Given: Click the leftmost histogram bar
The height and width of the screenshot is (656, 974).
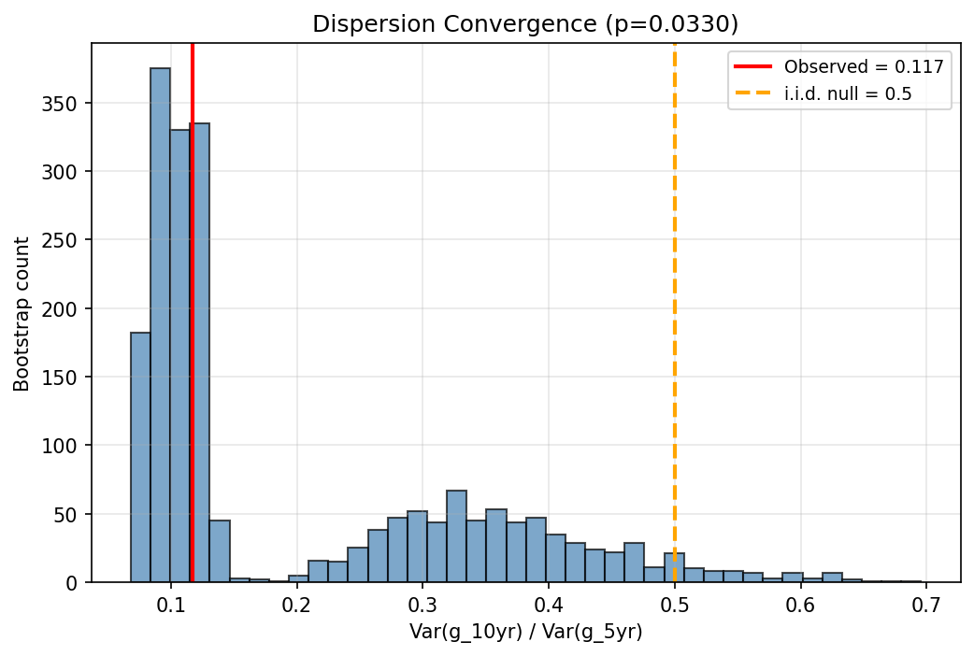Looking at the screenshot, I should pyautogui.click(x=140, y=458).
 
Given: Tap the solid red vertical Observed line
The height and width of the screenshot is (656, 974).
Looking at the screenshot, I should pyautogui.click(x=193, y=280).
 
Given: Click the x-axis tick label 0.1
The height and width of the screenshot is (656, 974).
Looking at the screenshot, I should pyautogui.click(x=170, y=603).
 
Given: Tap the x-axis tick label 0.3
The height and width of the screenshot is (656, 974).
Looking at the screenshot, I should pyautogui.click(x=423, y=603).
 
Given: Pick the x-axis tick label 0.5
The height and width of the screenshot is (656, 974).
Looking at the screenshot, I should pyautogui.click(x=675, y=603).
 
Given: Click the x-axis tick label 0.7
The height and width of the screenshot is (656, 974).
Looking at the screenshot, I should pyautogui.click(x=926, y=603).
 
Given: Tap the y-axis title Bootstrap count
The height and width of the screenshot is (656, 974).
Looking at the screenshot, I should pyautogui.click(x=21, y=313).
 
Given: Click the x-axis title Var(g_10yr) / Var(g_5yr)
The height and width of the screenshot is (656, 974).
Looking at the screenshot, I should pyautogui.click(x=525, y=632).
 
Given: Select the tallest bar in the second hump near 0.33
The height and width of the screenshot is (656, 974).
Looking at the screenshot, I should pyautogui.click(x=456, y=536).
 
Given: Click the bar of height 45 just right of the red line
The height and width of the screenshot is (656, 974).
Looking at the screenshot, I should pyautogui.click(x=220, y=551).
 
